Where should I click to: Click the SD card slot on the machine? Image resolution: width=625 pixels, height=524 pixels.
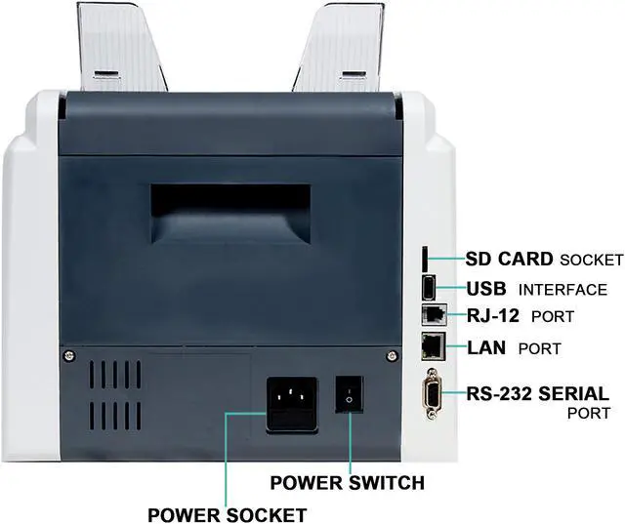pyautogui.click(x=428, y=259)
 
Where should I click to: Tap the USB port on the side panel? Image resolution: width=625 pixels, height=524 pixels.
pyautogui.click(x=431, y=288)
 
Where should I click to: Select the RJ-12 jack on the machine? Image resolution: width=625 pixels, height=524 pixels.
pyautogui.click(x=431, y=316)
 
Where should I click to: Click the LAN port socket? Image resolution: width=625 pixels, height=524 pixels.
pyautogui.click(x=432, y=345)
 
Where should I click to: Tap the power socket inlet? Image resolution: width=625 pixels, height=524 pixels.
pyautogui.click(x=290, y=401)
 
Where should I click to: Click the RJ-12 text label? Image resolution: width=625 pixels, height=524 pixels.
pyautogui.click(x=494, y=316)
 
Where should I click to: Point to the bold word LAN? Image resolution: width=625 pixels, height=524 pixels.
pyautogui.click(x=487, y=346)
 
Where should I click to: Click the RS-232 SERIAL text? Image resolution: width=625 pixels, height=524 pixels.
pyautogui.click(x=538, y=394)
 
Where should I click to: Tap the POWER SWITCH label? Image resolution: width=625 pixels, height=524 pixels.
pyautogui.click(x=347, y=482)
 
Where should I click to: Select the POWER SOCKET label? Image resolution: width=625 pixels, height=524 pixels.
pyautogui.click(x=227, y=514)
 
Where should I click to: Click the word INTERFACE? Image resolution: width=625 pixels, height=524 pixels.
pyautogui.click(x=562, y=290)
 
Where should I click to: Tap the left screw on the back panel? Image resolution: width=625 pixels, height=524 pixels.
pyautogui.click(x=69, y=353)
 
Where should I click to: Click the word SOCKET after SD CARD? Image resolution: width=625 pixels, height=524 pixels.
pyautogui.click(x=590, y=260)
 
